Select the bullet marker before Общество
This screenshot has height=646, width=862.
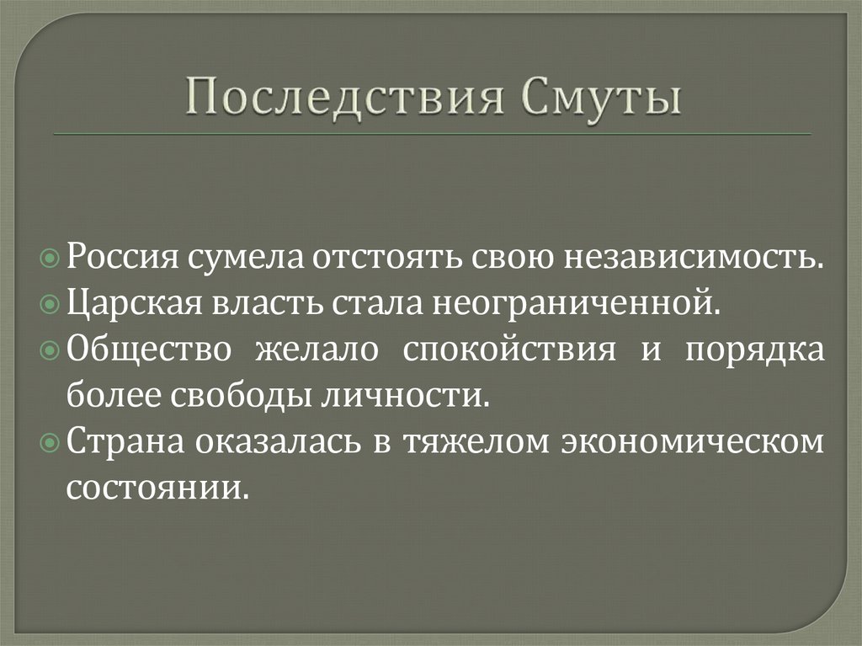coord(51,350)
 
